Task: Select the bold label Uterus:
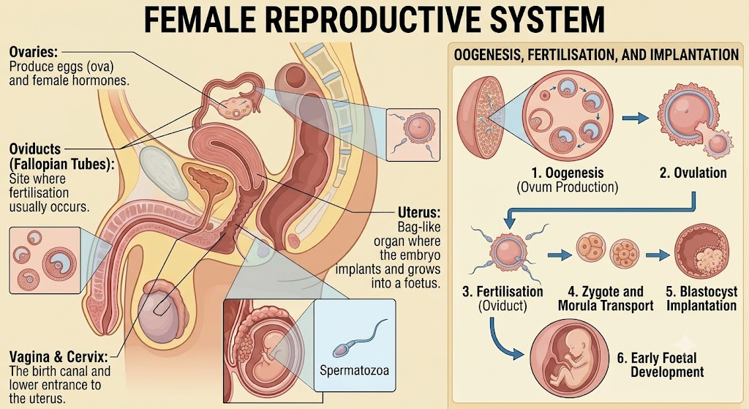(x=419, y=213)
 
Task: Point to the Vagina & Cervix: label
(x=59, y=357)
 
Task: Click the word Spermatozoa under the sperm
(x=355, y=370)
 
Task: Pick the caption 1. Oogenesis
(x=568, y=173)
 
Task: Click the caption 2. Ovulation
(x=693, y=173)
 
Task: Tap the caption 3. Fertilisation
(x=503, y=291)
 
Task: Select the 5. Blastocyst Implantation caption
(x=701, y=298)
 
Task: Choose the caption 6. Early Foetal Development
(x=664, y=364)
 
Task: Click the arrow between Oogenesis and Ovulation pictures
(x=636, y=118)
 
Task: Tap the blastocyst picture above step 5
(x=701, y=252)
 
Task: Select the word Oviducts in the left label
(x=35, y=149)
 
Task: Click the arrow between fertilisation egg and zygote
(x=560, y=255)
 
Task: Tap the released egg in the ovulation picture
(x=718, y=143)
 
